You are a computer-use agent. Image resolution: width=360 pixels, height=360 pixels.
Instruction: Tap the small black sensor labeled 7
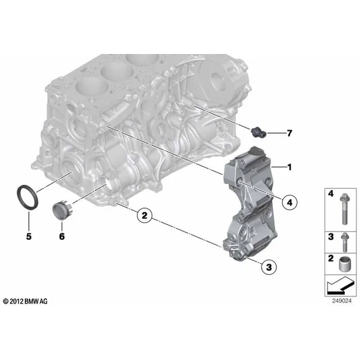click(x=258, y=132)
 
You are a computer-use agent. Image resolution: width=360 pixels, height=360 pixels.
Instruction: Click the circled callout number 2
click(x=145, y=215)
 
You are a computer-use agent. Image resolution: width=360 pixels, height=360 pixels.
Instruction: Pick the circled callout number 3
click(x=269, y=267)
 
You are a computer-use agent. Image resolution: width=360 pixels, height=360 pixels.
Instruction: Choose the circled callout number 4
click(x=290, y=203)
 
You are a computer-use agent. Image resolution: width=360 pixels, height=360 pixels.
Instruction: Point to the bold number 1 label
click(x=290, y=167)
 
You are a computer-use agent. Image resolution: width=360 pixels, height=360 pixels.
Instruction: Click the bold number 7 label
click(x=290, y=133)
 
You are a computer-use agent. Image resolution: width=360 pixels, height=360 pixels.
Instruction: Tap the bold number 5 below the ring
click(x=29, y=236)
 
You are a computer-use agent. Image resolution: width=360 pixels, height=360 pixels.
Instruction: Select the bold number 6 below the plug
click(x=62, y=236)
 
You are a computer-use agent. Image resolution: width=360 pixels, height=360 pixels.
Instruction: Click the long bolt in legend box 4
click(x=344, y=209)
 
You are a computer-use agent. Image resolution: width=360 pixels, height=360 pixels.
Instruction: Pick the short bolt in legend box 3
click(x=344, y=242)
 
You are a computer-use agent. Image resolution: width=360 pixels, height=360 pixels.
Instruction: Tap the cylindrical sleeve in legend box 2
click(x=344, y=264)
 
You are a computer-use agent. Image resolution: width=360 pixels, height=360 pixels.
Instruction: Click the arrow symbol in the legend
click(x=340, y=286)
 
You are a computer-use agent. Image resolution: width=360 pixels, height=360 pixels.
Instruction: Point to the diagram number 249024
click(x=341, y=301)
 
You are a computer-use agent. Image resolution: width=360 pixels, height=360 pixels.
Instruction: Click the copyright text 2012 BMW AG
click(x=25, y=301)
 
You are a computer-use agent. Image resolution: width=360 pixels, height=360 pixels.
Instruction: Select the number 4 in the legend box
click(x=331, y=194)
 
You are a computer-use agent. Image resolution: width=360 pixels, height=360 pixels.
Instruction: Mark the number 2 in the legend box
click(x=331, y=258)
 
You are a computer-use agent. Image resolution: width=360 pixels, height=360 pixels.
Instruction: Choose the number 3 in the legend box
click(x=331, y=236)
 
